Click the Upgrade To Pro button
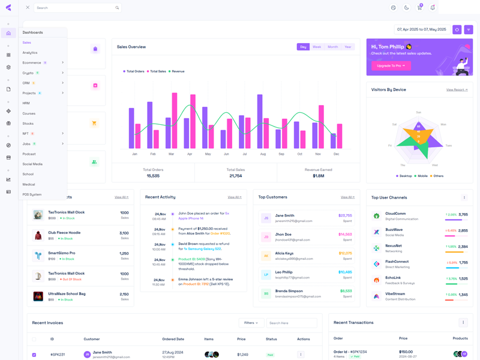391,65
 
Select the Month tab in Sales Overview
332,47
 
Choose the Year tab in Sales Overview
347,47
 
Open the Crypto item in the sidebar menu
28,73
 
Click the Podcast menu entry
29,154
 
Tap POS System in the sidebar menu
32,194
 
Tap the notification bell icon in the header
433,8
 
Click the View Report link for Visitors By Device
457,89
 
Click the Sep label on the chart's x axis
281,154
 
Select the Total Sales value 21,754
236,176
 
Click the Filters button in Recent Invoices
251,323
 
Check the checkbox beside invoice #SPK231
34,355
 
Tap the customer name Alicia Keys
284,253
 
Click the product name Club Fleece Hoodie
64,232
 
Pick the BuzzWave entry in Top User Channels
394,229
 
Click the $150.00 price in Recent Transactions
406,352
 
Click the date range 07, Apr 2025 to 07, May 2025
421,29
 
